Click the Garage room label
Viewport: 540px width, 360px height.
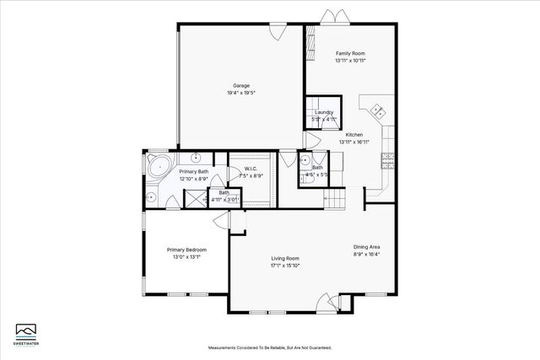click(240, 85)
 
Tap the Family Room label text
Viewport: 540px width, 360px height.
click(350, 53)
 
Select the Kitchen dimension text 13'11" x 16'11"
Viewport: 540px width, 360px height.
click(354, 142)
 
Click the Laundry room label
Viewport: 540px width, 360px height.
click(324, 112)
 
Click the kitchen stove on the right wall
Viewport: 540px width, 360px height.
click(389, 157)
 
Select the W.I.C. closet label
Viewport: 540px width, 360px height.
click(251, 169)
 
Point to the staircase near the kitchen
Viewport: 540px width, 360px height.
click(336, 199)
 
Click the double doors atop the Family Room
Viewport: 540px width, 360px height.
click(330, 16)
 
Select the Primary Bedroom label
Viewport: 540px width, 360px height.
click(186, 250)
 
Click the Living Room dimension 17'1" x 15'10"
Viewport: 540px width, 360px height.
click(285, 266)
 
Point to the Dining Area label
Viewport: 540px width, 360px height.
click(367, 246)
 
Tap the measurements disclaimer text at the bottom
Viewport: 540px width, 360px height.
click(270, 347)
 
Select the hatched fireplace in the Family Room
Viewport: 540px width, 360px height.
click(310, 39)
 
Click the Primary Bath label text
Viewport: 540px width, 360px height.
click(193, 171)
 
